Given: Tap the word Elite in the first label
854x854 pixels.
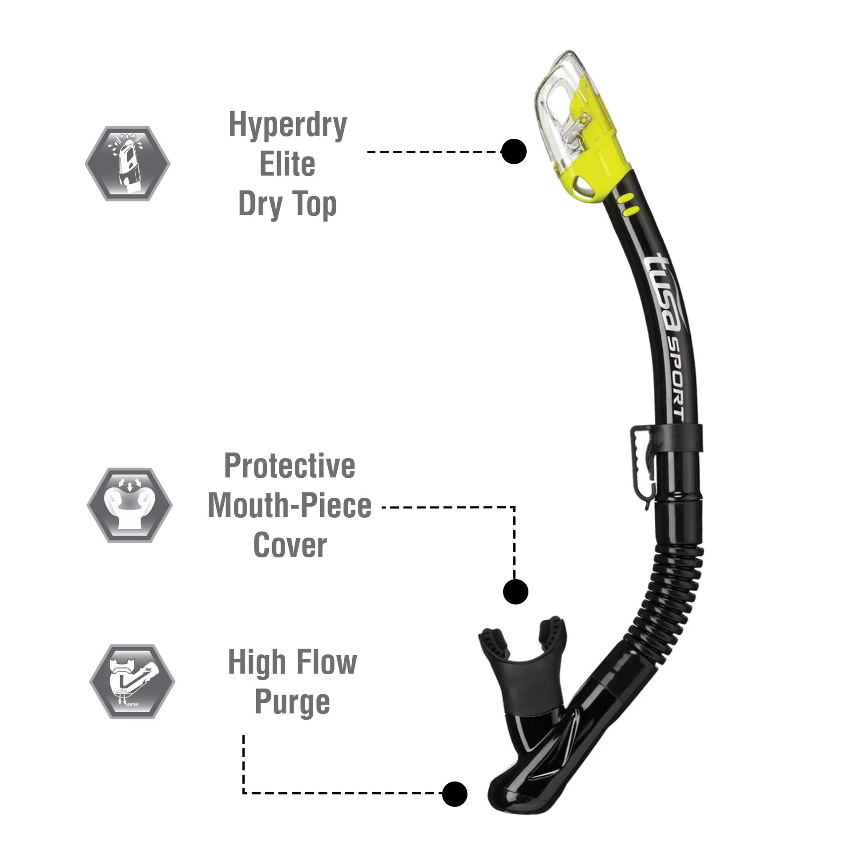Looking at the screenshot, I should click(287, 165).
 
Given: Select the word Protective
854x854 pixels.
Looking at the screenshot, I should click(290, 466).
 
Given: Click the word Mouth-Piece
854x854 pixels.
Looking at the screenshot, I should click(290, 506).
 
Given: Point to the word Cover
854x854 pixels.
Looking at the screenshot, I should click(290, 545).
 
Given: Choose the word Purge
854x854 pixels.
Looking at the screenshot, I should click(292, 703).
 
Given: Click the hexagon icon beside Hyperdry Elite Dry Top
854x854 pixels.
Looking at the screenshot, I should click(128, 163).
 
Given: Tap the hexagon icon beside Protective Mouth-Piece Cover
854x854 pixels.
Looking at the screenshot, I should click(129, 505).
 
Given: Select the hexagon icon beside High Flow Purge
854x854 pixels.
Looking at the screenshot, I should click(132, 681).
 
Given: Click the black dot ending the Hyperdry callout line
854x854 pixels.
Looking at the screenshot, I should click(514, 152).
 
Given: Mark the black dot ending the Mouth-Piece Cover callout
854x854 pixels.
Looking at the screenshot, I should click(516, 592).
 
